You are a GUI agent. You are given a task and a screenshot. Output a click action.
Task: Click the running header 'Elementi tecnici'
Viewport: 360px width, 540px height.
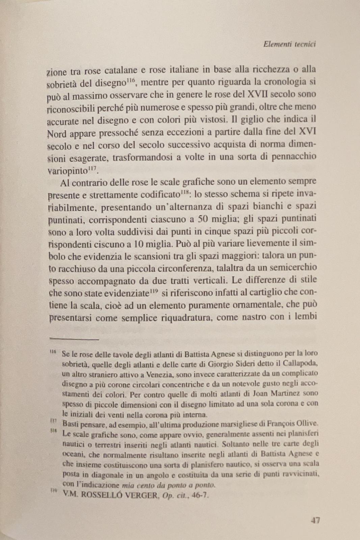coord(289,44)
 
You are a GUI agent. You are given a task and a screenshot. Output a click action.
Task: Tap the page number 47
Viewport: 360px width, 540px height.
coord(315,520)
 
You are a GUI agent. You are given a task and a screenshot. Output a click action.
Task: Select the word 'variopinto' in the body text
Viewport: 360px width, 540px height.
coord(67,170)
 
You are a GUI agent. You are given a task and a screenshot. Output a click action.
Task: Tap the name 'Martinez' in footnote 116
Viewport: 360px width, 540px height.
coord(286,393)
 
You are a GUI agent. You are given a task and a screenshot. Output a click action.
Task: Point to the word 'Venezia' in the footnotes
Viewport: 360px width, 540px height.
coord(162,374)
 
